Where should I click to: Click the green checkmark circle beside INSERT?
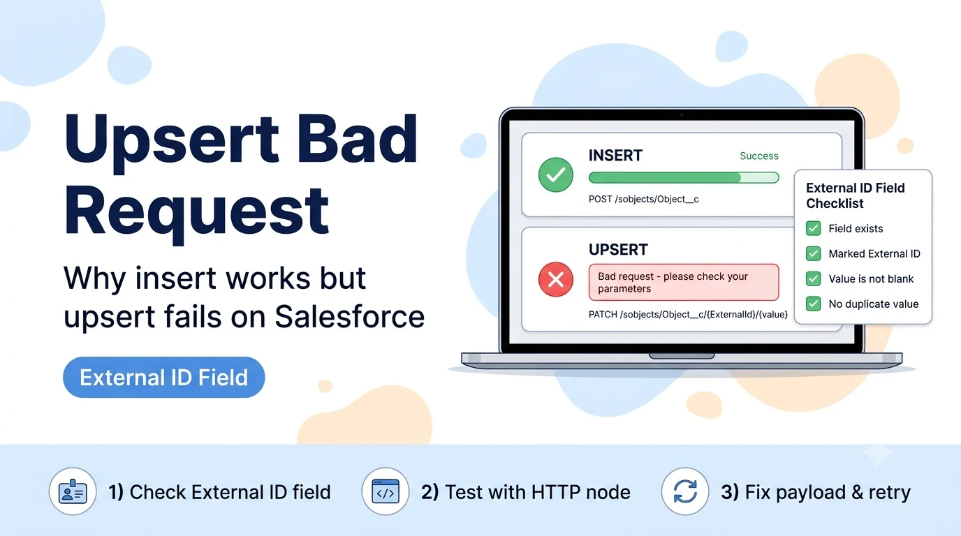click(x=556, y=174)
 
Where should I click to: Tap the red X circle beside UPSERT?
click(x=556, y=280)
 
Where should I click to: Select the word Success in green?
click(x=759, y=156)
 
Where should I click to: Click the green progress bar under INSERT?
click(x=684, y=177)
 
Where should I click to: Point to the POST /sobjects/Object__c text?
click(x=643, y=199)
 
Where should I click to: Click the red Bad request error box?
click(x=684, y=282)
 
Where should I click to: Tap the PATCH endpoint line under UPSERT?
click(x=688, y=314)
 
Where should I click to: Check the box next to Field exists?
click(x=813, y=228)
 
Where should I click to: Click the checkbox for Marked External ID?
click(x=813, y=253)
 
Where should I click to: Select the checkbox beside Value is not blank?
click(x=813, y=278)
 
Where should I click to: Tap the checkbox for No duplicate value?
click(x=813, y=304)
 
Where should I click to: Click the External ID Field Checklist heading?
click(x=855, y=195)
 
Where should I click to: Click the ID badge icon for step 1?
click(x=73, y=491)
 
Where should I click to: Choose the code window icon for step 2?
click(x=386, y=491)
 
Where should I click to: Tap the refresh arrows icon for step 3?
click(x=685, y=491)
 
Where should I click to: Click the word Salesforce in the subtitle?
click(x=350, y=316)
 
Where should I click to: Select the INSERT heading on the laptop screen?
click(x=615, y=155)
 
